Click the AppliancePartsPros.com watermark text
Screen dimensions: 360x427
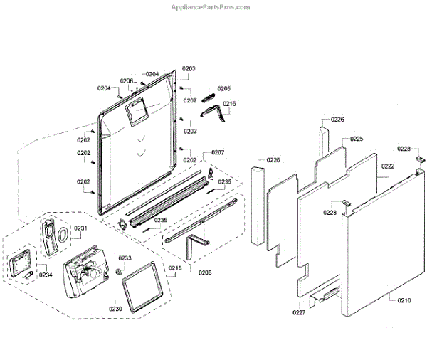pos(211,7)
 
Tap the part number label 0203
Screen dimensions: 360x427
pos(189,69)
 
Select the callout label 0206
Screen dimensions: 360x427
pos(127,80)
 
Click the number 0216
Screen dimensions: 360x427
pos(229,104)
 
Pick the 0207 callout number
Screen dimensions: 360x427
pos(218,153)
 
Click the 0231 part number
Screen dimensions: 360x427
pos(80,228)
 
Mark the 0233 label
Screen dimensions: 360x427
pos(125,258)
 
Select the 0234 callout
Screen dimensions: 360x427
pos(46,275)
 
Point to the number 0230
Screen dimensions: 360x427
pos(115,309)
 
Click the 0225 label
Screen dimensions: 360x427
pos(357,139)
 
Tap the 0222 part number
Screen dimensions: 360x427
pos(387,166)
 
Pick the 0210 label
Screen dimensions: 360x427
pos(404,301)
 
